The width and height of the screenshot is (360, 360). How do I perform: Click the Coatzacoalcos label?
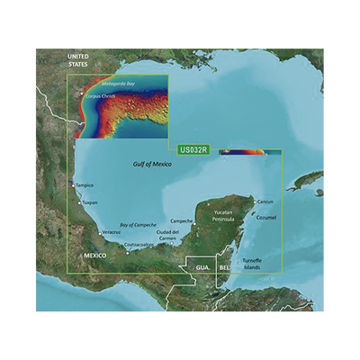tap(142, 245)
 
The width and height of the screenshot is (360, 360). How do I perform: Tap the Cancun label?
tap(265, 202)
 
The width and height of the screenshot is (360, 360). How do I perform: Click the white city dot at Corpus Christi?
tap(81, 94)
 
